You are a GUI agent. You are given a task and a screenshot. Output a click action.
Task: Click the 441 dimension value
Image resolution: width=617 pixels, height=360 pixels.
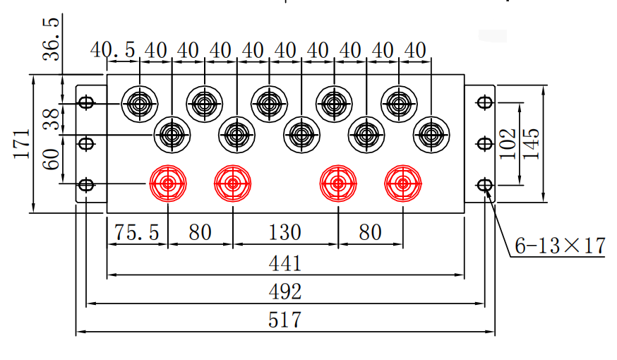tap(285, 263)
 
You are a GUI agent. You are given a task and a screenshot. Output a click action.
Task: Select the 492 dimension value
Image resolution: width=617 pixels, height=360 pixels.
tap(285, 291)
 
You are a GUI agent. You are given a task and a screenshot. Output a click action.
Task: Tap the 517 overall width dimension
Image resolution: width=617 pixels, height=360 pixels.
tap(285, 319)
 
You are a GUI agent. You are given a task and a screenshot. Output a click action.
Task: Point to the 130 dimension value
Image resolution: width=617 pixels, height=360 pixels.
tap(285, 232)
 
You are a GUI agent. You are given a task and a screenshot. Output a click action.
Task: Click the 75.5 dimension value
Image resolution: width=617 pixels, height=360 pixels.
tap(137, 232)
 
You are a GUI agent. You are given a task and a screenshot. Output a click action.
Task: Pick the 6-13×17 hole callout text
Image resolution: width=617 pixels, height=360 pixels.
tap(560, 246)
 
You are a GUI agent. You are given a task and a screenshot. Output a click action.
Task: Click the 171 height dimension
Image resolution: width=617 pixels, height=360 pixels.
tap(22, 143)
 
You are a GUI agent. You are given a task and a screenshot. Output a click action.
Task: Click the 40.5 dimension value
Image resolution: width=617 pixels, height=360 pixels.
tap(113, 50)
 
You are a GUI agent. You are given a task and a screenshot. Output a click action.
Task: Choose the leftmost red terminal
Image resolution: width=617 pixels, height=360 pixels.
tap(168, 184)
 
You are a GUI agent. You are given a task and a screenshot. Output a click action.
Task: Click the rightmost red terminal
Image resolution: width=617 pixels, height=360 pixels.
tap(402, 184)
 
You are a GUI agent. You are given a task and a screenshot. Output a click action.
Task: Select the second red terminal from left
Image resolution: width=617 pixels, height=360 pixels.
tap(232, 184)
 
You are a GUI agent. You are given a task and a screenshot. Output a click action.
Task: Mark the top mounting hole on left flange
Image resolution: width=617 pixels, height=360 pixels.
tap(86, 103)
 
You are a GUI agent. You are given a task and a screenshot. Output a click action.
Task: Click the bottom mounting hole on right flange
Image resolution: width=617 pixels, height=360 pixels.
tap(484, 185)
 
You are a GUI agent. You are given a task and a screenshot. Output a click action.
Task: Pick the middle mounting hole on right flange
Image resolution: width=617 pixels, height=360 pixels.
tap(484, 144)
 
